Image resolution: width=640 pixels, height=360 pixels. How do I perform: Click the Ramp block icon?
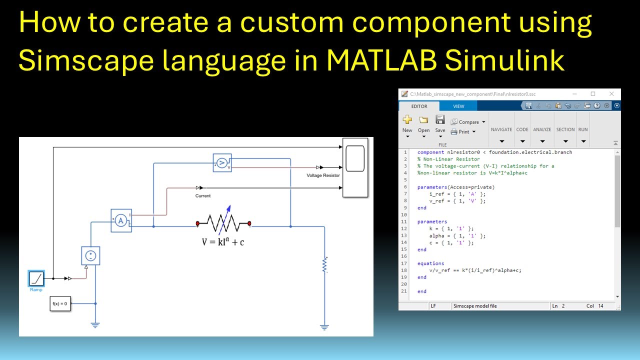(x=36, y=278)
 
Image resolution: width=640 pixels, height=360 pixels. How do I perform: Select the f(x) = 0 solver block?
(x=60, y=303)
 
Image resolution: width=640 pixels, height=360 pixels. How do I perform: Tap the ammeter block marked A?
(x=121, y=221)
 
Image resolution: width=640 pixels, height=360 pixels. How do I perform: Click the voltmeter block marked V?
(x=222, y=162)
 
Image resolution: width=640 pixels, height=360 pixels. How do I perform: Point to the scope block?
(x=355, y=167)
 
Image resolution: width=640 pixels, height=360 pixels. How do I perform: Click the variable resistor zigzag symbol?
(x=223, y=223)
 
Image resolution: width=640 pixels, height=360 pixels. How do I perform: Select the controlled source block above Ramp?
(x=91, y=255)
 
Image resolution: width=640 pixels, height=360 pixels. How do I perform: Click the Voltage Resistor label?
(x=323, y=175)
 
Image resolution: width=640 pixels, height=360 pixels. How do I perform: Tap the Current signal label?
(x=203, y=195)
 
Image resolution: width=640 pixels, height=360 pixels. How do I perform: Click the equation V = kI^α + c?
(x=223, y=242)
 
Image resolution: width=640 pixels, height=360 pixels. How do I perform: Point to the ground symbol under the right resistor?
(x=324, y=327)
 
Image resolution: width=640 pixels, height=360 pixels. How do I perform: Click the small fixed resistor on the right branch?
(x=325, y=265)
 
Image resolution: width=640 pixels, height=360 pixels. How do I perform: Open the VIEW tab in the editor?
(x=458, y=106)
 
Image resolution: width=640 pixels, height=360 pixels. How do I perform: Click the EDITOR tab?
(x=419, y=106)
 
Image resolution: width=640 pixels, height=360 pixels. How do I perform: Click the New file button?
(x=407, y=123)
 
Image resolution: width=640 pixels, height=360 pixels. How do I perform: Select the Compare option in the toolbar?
(x=468, y=122)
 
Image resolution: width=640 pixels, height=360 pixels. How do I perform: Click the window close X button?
(x=611, y=93)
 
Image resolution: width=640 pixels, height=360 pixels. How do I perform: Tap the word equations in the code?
(x=430, y=263)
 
